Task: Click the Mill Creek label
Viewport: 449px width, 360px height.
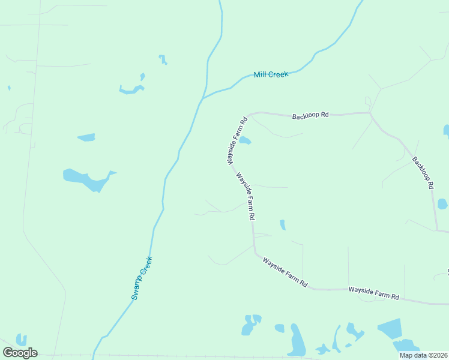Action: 271,74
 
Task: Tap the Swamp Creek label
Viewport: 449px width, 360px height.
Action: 142,278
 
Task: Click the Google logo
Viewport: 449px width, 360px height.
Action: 20,352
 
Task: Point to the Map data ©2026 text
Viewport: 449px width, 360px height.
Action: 424,355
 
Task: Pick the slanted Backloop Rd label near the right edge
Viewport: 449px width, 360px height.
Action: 423,173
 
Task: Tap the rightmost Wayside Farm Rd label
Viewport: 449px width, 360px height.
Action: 373,293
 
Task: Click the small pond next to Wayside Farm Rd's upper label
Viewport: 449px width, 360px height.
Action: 246,141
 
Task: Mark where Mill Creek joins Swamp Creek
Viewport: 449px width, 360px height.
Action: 202,98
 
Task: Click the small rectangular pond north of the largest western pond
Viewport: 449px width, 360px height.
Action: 86,137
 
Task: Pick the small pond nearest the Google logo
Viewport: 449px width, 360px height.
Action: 22,340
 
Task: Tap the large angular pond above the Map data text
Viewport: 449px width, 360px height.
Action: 391,328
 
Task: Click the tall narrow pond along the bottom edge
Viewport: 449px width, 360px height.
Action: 297,341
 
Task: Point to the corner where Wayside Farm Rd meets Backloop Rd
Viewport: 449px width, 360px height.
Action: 247,115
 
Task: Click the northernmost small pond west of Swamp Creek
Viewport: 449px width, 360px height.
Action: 162,59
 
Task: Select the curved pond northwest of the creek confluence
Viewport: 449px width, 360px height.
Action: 131,90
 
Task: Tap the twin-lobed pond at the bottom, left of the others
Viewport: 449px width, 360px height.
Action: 250,324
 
